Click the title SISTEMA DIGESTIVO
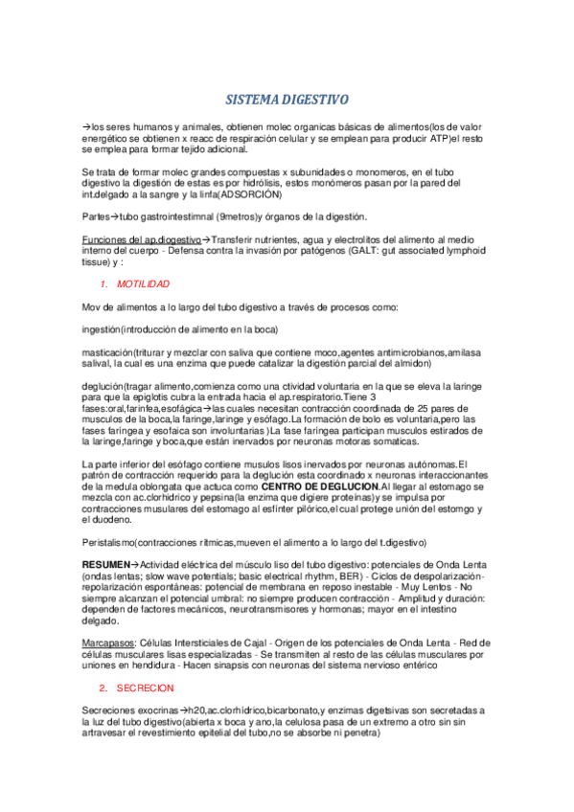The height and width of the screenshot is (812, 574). pyautogui.click(x=287, y=100)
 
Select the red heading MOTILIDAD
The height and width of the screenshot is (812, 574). pyautogui.click(x=143, y=284)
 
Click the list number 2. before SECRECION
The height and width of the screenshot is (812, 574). pyautogui.click(x=103, y=689)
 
